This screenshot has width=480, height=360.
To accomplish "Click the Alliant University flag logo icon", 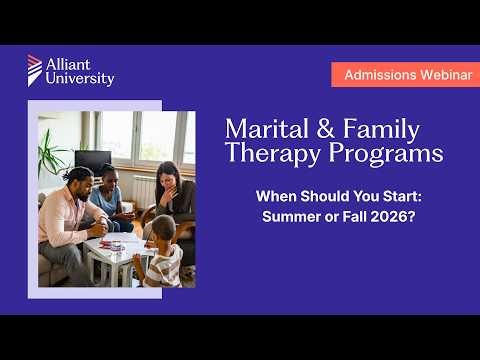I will click(35, 69).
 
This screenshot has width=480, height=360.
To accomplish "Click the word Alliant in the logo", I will click(68, 65).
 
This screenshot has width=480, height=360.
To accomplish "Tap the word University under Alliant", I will click(80, 79).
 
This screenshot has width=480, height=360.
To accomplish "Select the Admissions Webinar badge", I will click(405, 75).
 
